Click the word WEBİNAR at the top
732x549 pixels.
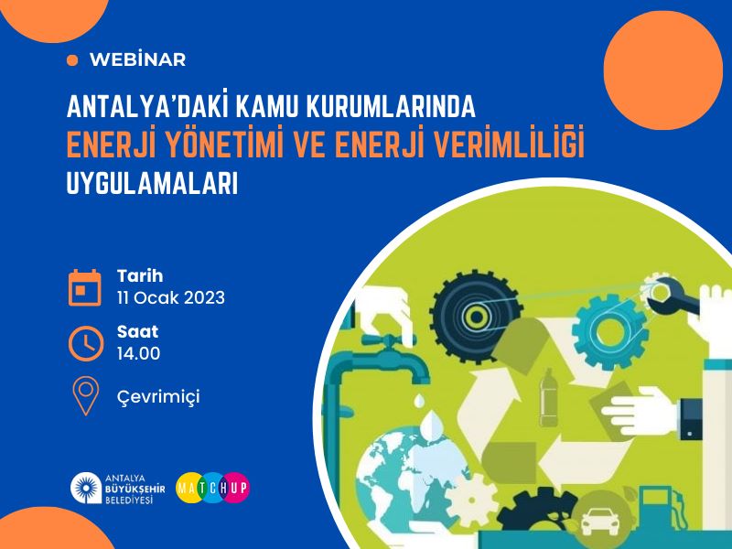coord(138,59)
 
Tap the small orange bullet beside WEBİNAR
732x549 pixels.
coord(72,60)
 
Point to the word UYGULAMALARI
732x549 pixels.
coord(152,184)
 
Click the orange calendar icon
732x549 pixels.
coord(85,287)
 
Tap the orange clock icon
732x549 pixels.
coord(86,344)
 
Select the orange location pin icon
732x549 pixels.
coord(86,396)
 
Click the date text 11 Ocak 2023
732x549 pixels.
coord(171,298)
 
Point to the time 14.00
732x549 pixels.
coord(139,353)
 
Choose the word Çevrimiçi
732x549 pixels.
coord(158,397)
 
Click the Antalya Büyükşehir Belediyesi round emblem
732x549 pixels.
coord(86,489)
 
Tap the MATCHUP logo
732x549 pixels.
coord(213,488)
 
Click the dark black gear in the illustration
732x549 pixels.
coord(476,317)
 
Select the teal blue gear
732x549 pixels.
coord(609,332)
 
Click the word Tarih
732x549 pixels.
coord(140,276)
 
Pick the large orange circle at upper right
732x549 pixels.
coord(662,70)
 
